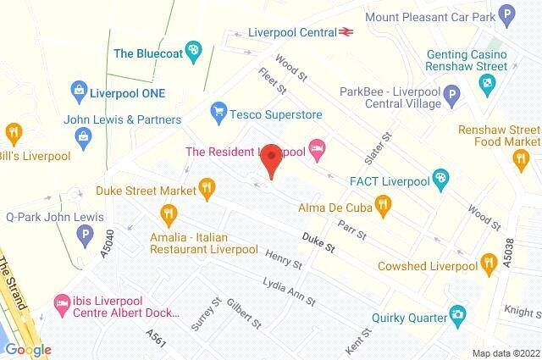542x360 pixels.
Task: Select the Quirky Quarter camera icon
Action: (x=458, y=317)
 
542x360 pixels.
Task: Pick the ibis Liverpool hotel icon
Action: (x=61, y=302)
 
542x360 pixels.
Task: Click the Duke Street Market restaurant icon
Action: (x=205, y=187)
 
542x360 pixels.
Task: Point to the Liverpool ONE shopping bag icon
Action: (x=80, y=88)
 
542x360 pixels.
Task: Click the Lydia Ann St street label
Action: (x=289, y=292)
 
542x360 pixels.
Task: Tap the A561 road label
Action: (x=156, y=337)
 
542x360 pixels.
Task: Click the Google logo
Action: (x=28, y=350)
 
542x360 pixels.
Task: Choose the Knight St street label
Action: (x=521, y=312)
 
